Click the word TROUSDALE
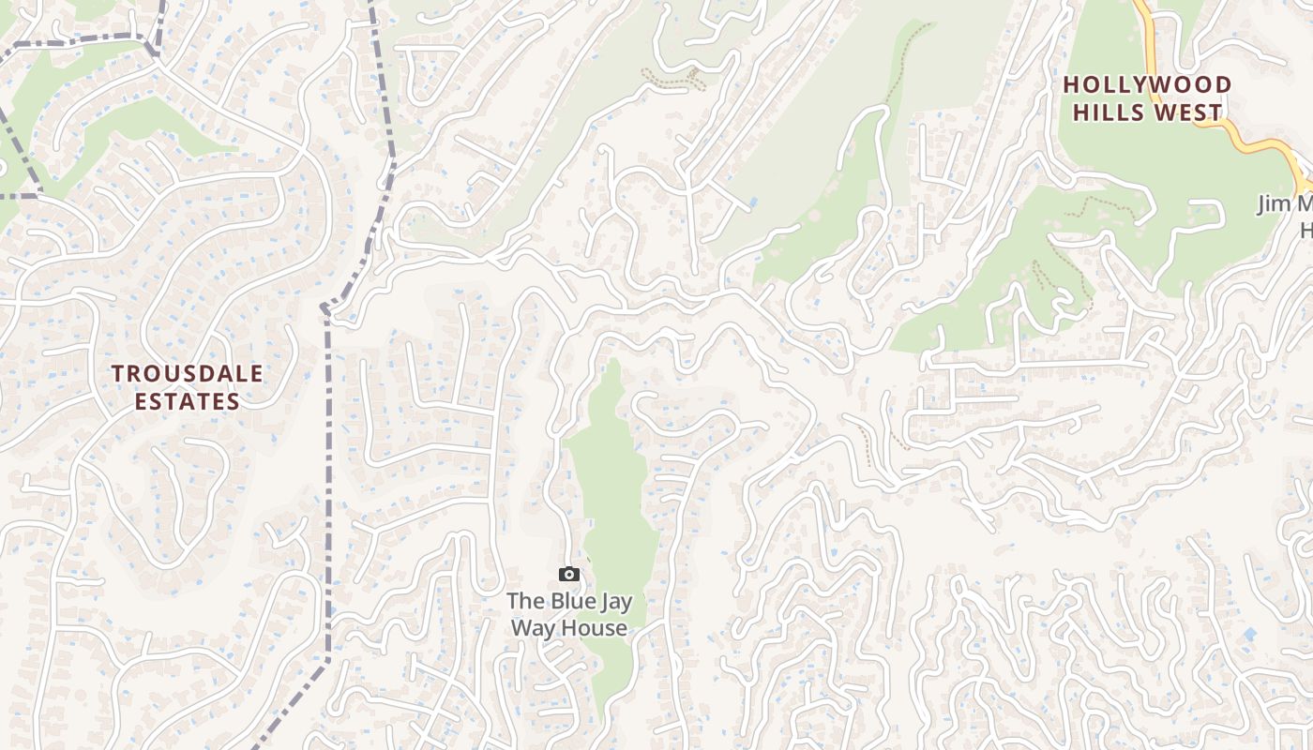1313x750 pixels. [x=188, y=373]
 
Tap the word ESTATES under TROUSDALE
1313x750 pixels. [x=188, y=401]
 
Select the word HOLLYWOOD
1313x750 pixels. [x=1147, y=84]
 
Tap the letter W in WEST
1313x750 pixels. [x=1169, y=112]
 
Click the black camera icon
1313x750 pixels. [x=569, y=574]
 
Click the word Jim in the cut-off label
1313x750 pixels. [x=1276, y=204]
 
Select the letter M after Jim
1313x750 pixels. [x=1305, y=204]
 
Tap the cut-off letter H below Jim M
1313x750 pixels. [x=1305, y=231]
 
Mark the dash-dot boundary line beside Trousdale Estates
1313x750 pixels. [x=328, y=469]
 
